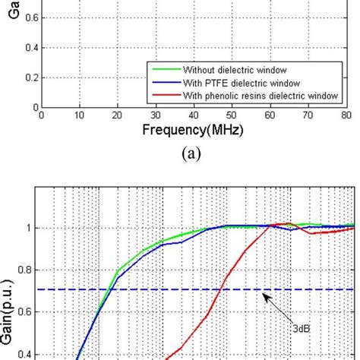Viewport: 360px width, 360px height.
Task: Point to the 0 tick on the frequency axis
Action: point(42,115)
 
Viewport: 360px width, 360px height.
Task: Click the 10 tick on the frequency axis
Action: point(79,115)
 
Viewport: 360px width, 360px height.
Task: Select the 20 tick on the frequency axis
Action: point(118,115)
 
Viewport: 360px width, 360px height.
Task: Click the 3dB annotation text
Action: point(302,329)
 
